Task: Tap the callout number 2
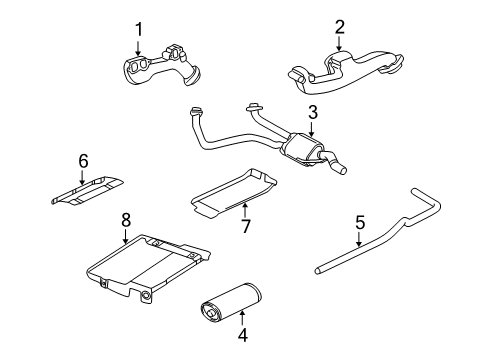pos(339,27)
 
